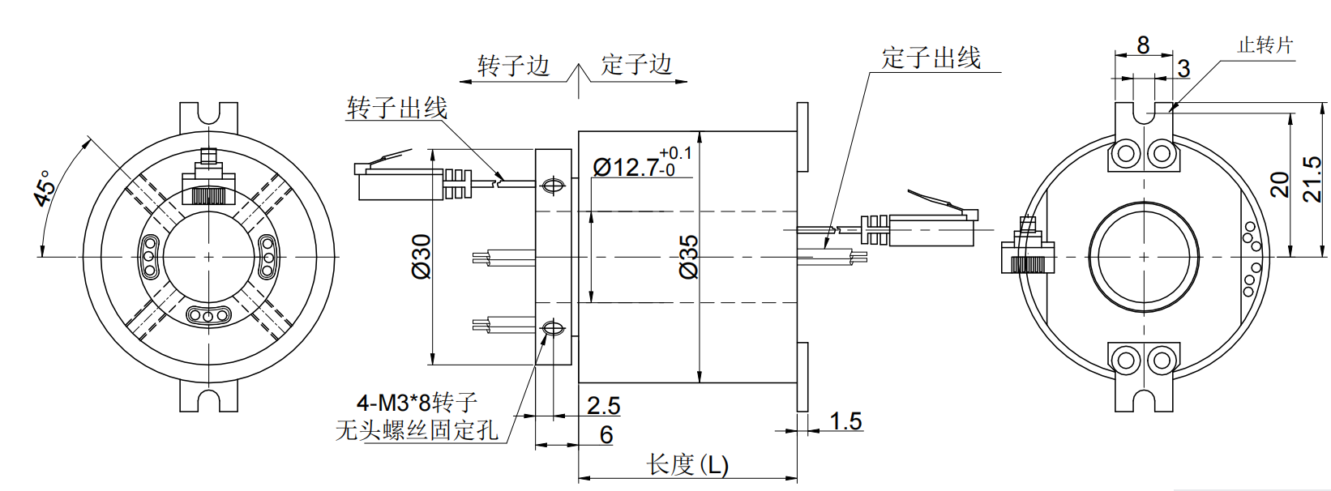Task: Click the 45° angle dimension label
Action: pyautogui.click(x=45, y=188)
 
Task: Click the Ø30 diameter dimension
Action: pyautogui.click(x=422, y=257)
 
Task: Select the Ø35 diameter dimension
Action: pyautogui.click(x=688, y=258)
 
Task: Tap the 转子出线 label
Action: pyautogui.click(x=396, y=108)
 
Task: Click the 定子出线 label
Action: pyautogui.click(x=931, y=58)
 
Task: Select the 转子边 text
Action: pyautogui.click(x=513, y=66)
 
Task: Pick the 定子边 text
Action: pyautogui.click(x=636, y=65)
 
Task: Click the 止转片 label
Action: pyautogui.click(x=1265, y=45)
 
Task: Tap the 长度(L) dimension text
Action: pyautogui.click(x=687, y=465)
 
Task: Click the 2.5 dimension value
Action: pyautogui.click(x=603, y=405)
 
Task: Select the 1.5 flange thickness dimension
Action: pyautogui.click(x=845, y=421)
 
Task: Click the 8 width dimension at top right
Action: pyautogui.click(x=1143, y=45)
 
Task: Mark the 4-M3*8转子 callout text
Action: pyautogui.click(x=417, y=402)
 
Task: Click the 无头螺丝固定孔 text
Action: pyautogui.click(x=417, y=429)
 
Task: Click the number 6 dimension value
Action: pyautogui.click(x=606, y=435)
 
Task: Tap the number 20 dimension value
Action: pyautogui.click(x=1279, y=185)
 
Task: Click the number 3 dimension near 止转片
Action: pyautogui.click(x=1183, y=69)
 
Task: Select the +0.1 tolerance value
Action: pyautogui.click(x=675, y=152)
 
